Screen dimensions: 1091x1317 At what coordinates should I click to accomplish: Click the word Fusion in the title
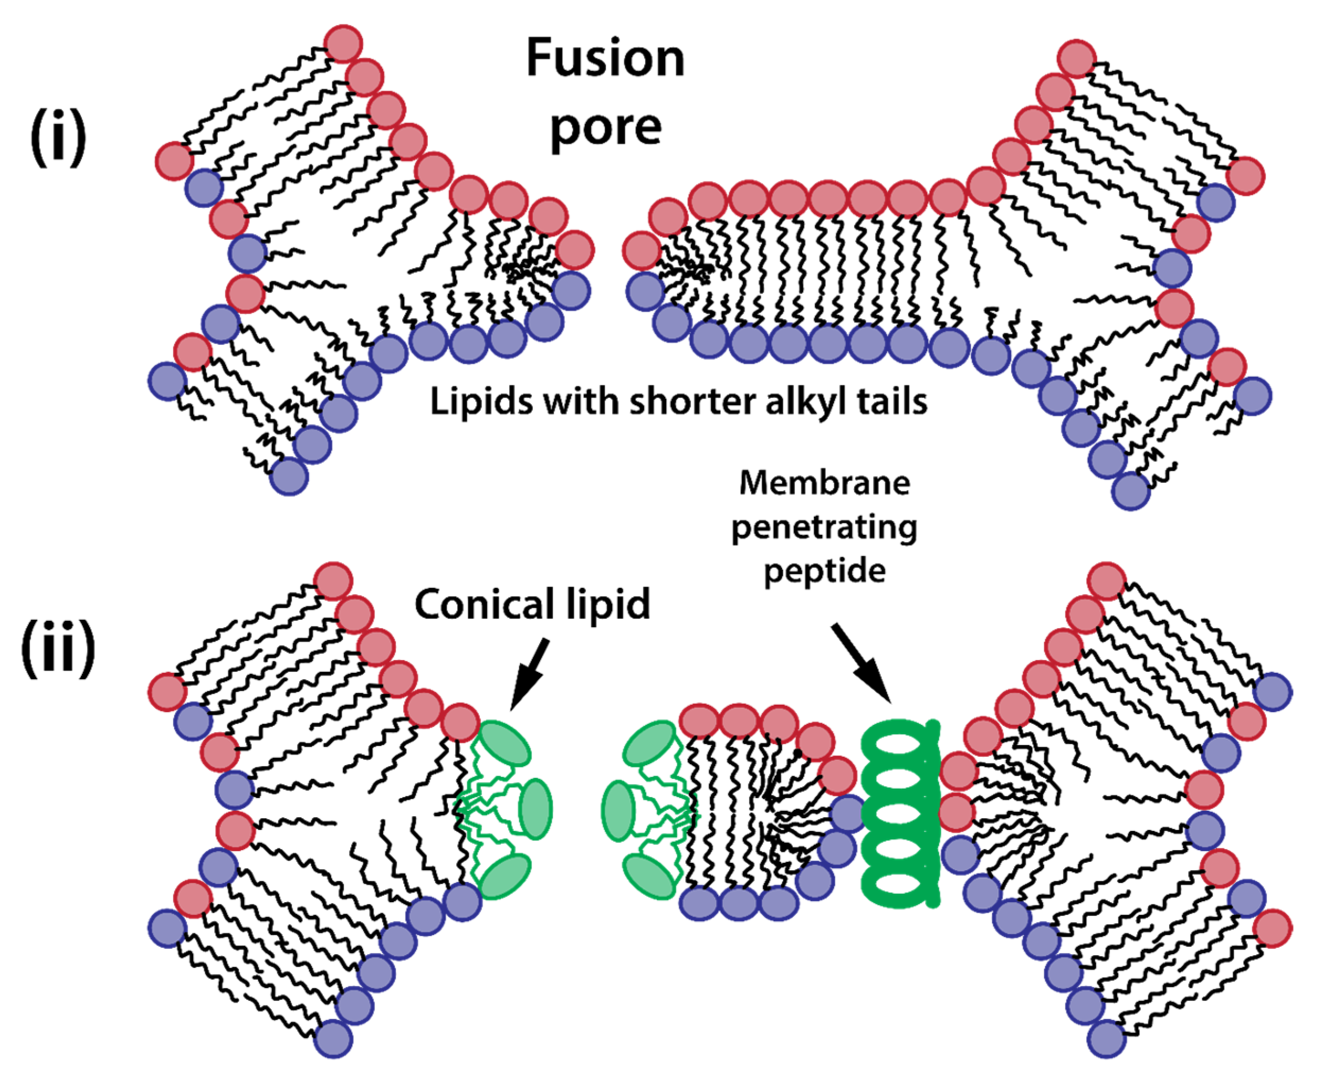[x=605, y=58]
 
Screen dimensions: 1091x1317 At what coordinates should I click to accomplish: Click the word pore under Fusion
[x=606, y=128]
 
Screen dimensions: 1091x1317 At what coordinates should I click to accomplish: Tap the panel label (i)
[x=58, y=136]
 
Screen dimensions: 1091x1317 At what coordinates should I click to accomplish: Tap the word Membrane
[x=824, y=483]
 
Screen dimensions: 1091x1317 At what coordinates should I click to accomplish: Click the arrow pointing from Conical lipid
[x=530, y=674]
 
